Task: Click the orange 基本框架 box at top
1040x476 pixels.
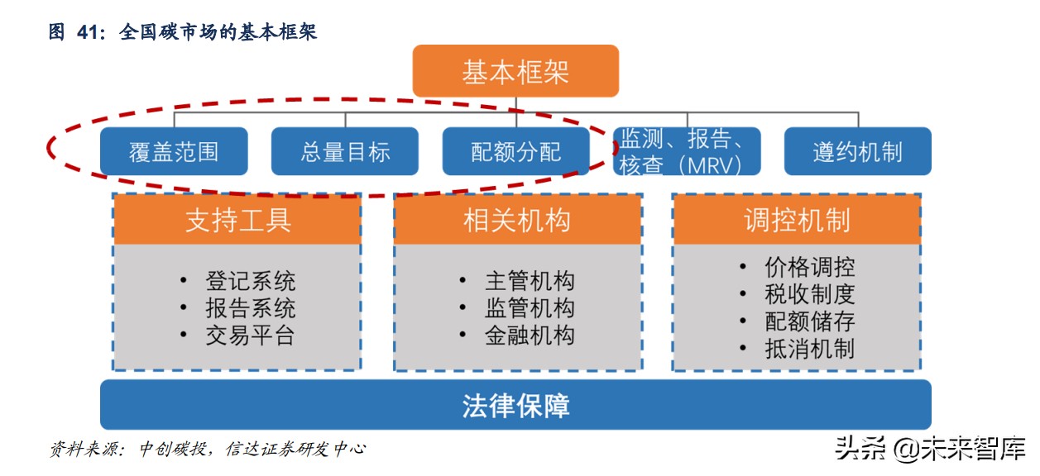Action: coord(515,71)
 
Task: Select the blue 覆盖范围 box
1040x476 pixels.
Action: coord(174,151)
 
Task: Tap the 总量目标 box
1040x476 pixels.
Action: coord(345,151)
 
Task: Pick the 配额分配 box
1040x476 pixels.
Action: coord(515,151)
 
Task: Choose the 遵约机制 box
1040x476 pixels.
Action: coord(857,151)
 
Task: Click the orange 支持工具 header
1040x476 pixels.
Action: coord(237,220)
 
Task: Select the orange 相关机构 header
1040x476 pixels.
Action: coord(517,220)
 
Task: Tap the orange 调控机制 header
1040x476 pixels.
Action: coord(796,220)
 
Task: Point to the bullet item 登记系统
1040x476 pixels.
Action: coord(249,281)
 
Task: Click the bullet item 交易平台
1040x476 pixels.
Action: coord(249,336)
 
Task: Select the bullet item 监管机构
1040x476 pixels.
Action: coord(529,308)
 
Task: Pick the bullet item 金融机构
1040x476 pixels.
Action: coord(529,336)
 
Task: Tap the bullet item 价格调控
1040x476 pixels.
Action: coord(809,267)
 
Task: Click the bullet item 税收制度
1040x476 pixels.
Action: coord(809,294)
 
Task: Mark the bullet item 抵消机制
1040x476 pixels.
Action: coord(809,349)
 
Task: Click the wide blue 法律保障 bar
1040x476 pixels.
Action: coord(515,406)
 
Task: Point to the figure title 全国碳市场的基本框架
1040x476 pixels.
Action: coord(218,32)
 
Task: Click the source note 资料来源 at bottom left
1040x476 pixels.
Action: coord(207,449)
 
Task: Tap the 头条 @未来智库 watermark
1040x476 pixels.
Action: coord(929,449)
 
